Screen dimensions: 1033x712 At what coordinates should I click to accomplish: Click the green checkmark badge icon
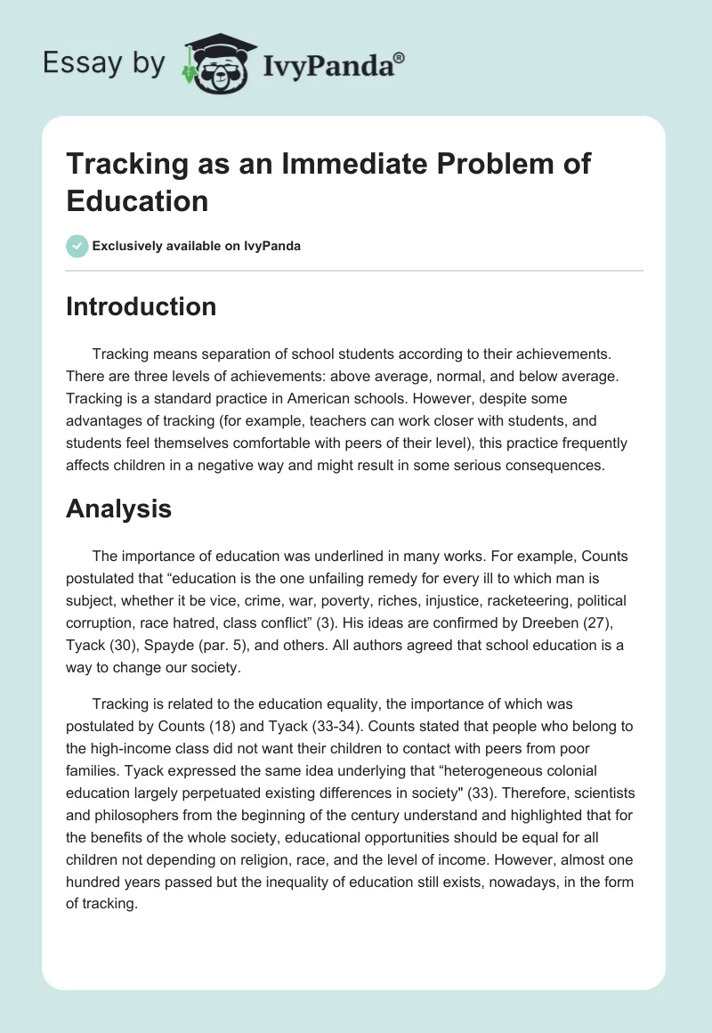77,246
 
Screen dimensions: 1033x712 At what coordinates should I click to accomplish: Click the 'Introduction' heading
142,306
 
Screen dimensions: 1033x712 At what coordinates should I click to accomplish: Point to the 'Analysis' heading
118,508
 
